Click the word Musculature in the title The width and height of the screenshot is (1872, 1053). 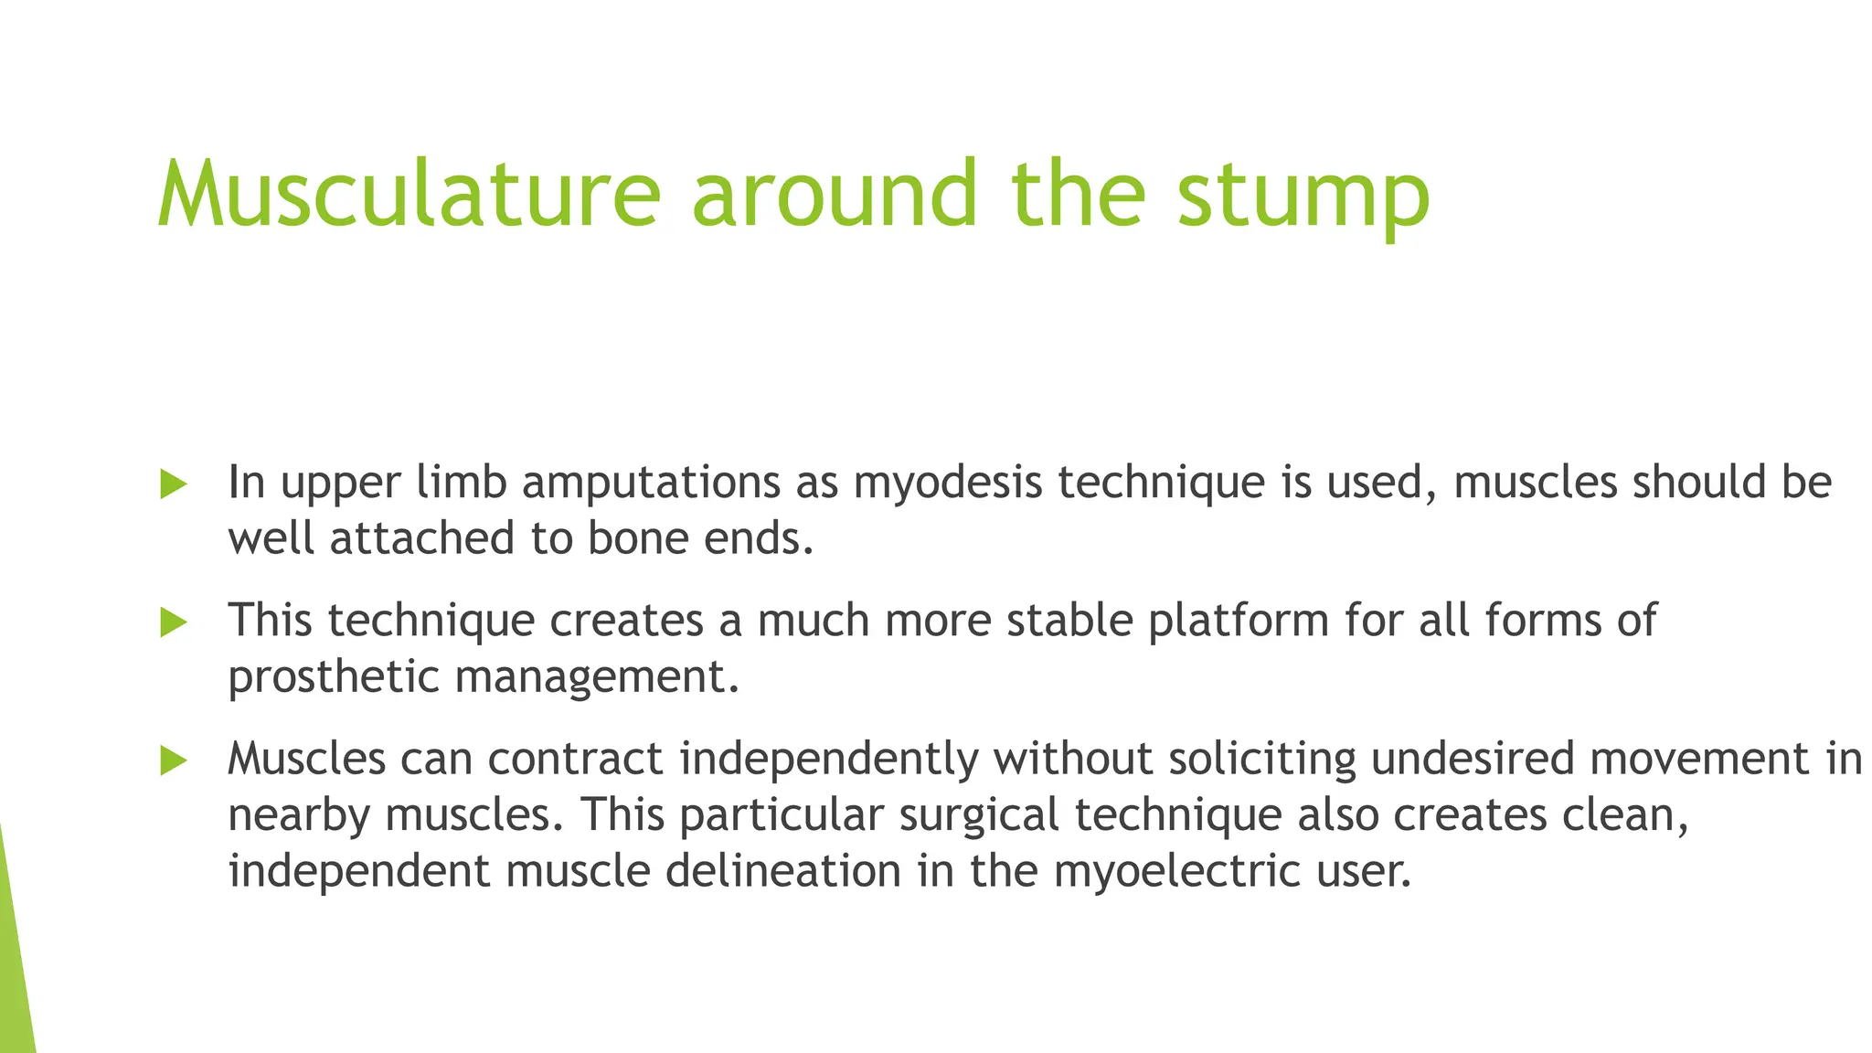tap(409, 194)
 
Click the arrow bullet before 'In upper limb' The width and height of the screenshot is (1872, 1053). tap(173, 484)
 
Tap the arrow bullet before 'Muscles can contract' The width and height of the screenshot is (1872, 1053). tap(173, 760)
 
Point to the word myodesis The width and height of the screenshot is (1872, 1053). tap(948, 484)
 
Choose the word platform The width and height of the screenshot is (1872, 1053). tap(1238, 622)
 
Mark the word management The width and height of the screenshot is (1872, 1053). tap(596, 677)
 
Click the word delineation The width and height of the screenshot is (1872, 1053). tap(783, 870)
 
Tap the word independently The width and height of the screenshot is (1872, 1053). tap(829, 760)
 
